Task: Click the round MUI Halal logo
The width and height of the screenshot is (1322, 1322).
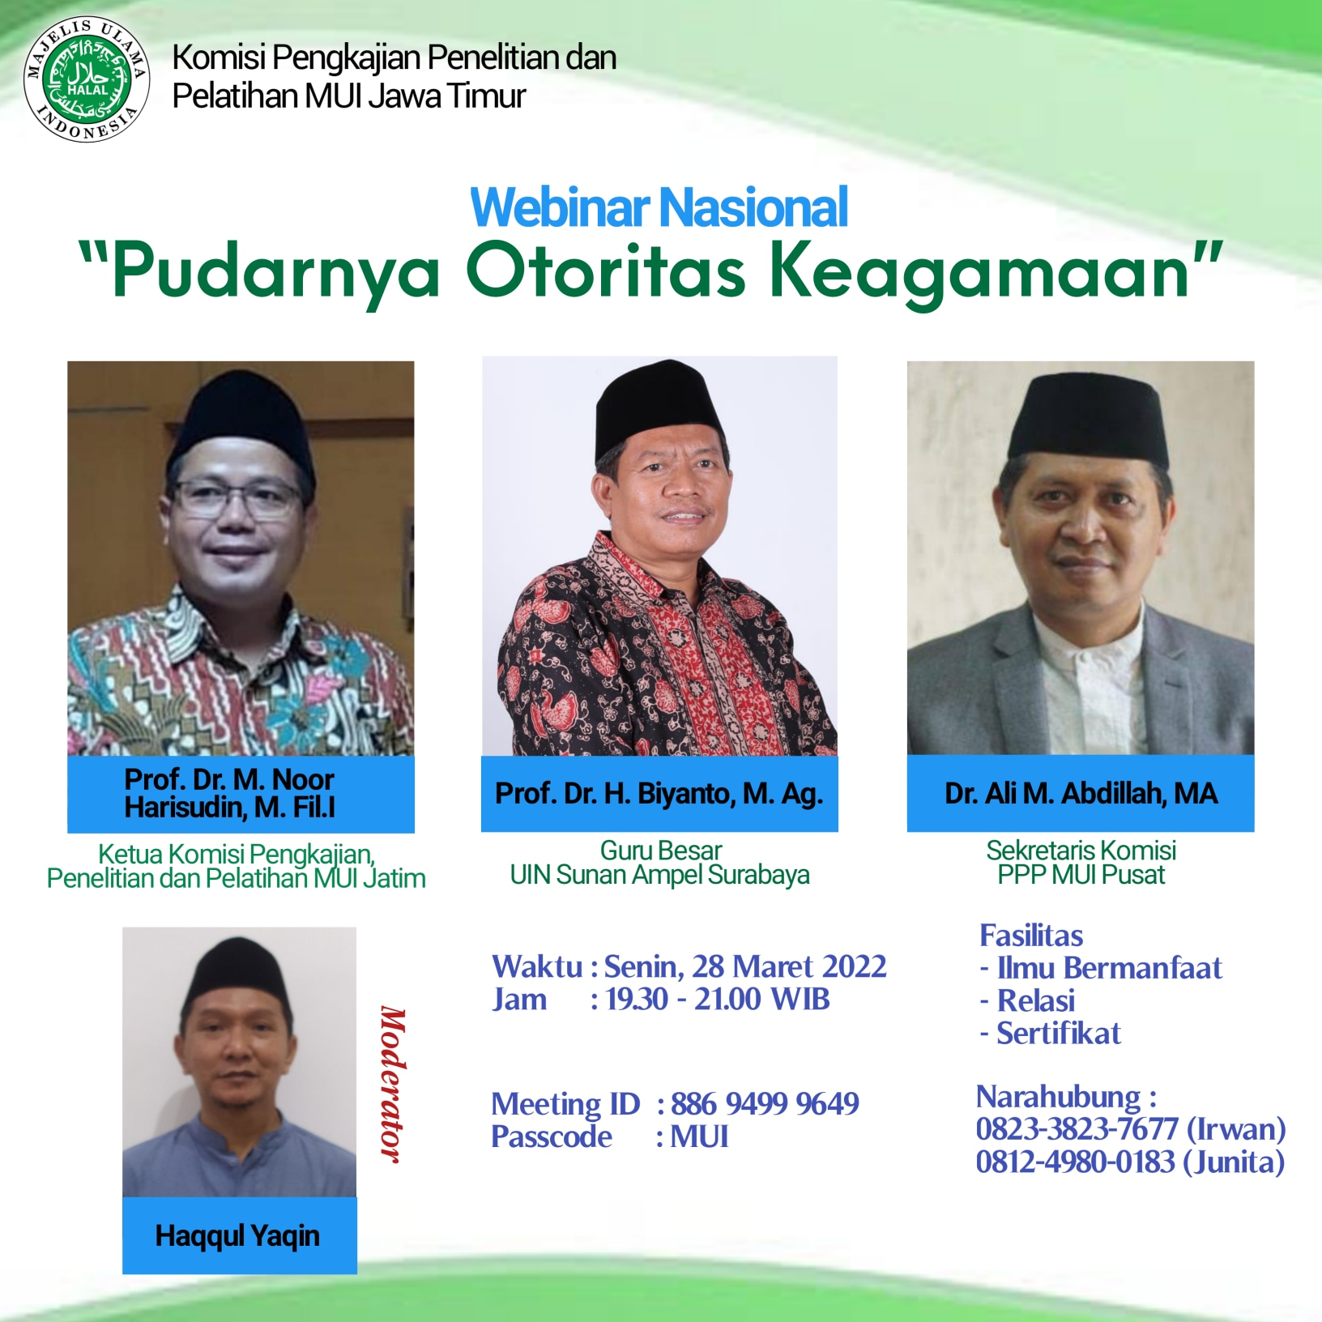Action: (x=87, y=79)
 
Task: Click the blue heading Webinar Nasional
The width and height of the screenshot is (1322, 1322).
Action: (x=659, y=207)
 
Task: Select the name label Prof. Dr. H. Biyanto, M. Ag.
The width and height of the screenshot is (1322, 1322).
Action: (x=659, y=794)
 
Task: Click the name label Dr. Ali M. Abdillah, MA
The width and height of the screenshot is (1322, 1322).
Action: (x=1081, y=794)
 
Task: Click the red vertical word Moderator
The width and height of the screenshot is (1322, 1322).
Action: (x=393, y=1085)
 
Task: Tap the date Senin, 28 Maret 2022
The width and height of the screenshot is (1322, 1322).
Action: (x=745, y=966)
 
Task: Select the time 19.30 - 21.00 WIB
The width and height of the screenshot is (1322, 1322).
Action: (x=719, y=1000)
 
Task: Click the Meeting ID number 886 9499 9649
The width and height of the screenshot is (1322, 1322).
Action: (x=765, y=1103)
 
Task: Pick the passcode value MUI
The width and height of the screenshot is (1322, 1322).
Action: (x=699, y=1136)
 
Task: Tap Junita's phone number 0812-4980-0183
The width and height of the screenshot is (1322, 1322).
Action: (x=1075, y=1162)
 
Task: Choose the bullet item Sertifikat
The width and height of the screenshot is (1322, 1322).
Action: (x=1059, y=1034)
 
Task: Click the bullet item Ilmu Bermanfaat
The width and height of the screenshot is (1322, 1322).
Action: (x=1109, y=968)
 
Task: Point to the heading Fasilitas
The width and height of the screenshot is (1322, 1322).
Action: (x=1031, y=936)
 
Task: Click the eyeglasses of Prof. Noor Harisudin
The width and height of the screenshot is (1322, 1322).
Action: (x=237, y=498)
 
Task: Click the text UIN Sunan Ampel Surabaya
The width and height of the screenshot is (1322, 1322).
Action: (x=659, y=875)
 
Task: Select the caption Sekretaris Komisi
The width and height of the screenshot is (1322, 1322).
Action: (x=1081, y=851)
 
